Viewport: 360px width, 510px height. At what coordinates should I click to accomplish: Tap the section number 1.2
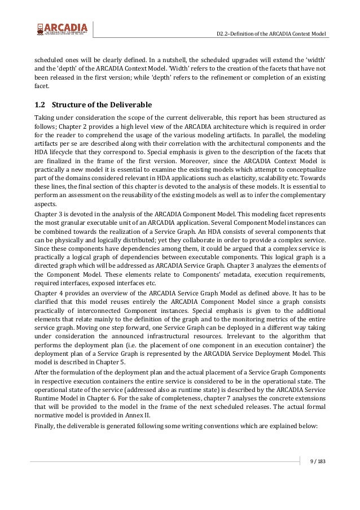click(40, 104)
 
